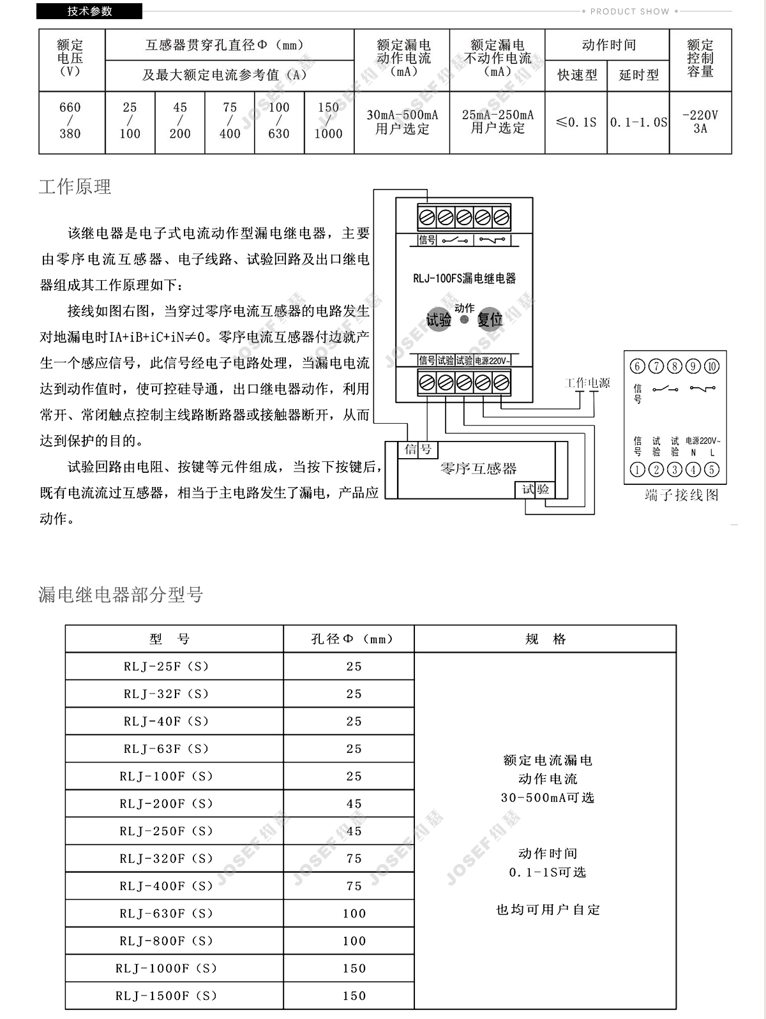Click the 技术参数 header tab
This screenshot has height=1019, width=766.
90,11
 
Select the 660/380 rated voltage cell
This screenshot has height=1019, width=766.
70,121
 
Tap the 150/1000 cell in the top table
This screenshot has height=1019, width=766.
329,121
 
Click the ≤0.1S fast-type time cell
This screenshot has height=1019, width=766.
576,122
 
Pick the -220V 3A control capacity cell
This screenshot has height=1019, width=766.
700,122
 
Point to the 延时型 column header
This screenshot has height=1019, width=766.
638,75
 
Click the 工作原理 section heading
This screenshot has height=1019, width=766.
75,187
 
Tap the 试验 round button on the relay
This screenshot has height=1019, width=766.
439,319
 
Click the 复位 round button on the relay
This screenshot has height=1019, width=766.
490,319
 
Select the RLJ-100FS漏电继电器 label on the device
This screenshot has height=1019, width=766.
464,278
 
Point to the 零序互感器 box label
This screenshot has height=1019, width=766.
478,469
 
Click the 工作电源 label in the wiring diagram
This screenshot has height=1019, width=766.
587,383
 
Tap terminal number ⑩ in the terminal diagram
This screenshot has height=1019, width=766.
711,366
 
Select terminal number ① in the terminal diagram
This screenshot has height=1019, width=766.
637,470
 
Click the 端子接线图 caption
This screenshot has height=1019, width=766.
681,495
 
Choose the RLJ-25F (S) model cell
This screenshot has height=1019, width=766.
167,666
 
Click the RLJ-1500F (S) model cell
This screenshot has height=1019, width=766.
167,995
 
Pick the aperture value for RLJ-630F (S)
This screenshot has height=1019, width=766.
354,913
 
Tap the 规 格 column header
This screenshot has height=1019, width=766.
545,639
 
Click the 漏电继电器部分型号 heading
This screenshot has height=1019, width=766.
121,595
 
